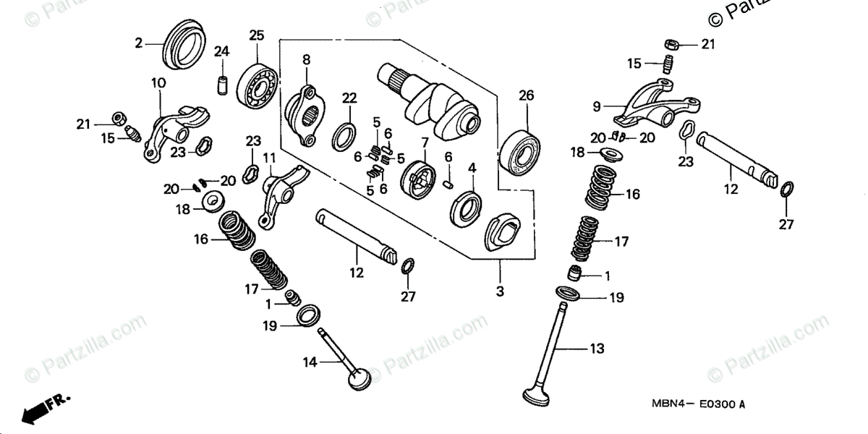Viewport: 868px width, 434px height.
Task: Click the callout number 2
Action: (x=139, y=43)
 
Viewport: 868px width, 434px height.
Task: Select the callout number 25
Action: (x=257, y=35)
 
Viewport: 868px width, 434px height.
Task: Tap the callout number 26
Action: (x=525, y=95)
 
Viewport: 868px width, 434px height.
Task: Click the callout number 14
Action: (x=310, y=362)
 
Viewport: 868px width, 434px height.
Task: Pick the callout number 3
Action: (x=500, y=292)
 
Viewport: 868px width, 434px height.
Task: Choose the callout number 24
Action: (x=221, y=51)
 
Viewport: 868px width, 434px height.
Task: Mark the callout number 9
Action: (x=597, y=106)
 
